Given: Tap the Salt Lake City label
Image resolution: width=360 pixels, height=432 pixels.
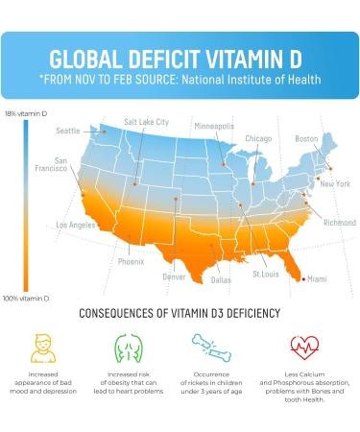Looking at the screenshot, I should click(x=146, y=122).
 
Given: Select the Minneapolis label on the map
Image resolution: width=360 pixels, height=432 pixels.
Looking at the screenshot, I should click(x=214, y=126).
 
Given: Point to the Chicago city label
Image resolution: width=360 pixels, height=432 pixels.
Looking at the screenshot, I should click(x=258, y=138).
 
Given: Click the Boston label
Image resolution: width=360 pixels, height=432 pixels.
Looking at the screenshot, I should click(x=306, y=138).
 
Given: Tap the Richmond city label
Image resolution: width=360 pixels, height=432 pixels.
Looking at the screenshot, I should click(x=339, y=223).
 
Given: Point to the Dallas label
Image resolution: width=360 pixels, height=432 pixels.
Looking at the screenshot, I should click(x=221, y=280).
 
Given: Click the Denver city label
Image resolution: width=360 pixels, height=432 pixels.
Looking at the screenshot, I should click(x=174, y=276).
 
